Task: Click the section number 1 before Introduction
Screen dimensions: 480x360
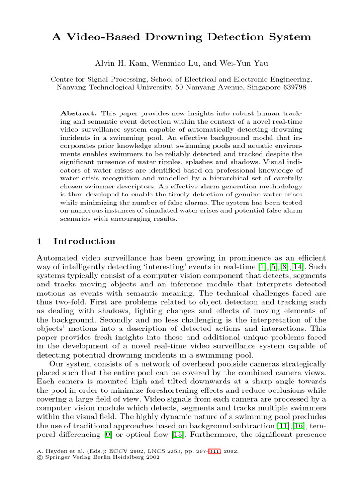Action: tap(39, 241)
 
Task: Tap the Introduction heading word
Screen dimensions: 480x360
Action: tap(84, 241)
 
